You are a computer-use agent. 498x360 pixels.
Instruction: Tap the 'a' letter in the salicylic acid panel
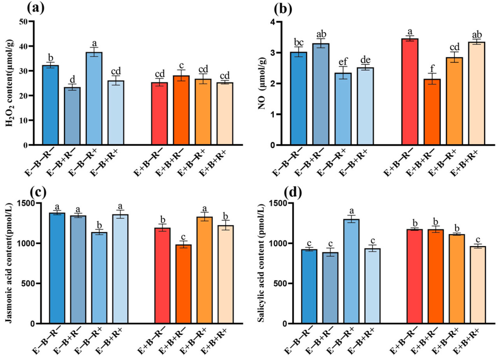pyautogui.click(x=351, y=210)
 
